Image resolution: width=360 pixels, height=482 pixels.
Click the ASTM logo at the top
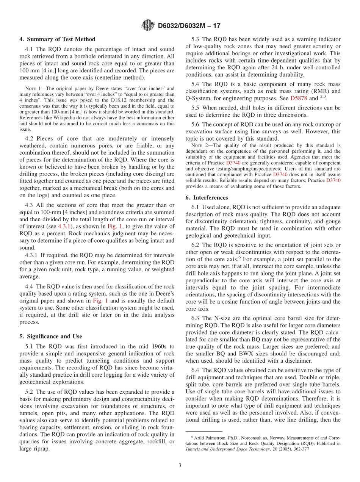point(147,25)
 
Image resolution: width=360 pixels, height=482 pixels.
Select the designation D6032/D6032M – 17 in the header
point(189,26)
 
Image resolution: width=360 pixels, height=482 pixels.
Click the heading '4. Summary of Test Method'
point(57,39)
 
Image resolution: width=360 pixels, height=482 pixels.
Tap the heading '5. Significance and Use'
point(50,336)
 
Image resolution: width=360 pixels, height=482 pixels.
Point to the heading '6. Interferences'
point(207,197)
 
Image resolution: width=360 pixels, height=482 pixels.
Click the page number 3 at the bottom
point(180,465)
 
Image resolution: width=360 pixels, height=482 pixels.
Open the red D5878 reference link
point(299,98)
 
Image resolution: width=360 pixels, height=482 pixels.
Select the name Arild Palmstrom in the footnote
point(208,438)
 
